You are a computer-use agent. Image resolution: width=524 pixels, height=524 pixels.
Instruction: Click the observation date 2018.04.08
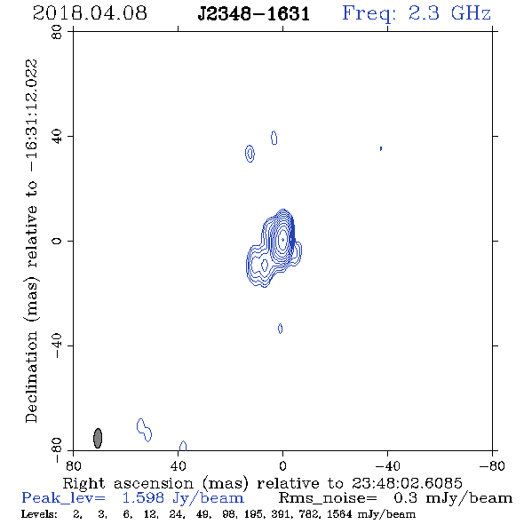(90, 13)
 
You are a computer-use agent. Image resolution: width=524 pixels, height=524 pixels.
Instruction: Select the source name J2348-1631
(254, 14)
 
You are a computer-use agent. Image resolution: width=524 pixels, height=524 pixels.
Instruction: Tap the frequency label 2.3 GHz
(449, 13)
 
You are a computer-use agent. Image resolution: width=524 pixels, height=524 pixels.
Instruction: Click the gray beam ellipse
(98, 438)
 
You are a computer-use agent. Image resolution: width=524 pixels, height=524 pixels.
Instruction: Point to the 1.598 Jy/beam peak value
(183, 498)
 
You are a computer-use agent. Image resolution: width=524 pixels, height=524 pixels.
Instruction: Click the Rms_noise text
(327, 498)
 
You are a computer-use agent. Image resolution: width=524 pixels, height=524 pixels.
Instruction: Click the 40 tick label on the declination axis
(57, 137)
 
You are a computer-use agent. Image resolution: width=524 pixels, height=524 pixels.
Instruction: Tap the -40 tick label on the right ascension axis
(387, 466)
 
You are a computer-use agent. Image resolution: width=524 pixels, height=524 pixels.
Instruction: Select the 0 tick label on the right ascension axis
(282, 466)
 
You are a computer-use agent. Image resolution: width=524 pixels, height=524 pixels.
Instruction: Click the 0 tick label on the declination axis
(57, 241)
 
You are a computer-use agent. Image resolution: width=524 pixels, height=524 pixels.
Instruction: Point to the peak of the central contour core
(282, 239)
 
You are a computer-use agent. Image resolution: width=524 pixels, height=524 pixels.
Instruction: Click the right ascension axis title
(262, 483)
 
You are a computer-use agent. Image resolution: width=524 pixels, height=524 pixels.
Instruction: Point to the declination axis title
(31, 241)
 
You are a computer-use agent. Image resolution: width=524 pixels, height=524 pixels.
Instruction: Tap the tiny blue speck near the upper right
(381, 148)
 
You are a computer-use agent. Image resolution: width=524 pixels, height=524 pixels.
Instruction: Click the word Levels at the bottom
(39, 514)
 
